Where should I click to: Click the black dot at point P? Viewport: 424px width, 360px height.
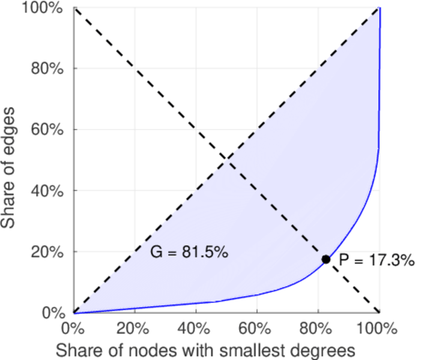326,259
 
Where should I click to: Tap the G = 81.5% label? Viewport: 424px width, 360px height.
189,253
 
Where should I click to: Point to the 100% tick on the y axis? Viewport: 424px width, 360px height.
47,8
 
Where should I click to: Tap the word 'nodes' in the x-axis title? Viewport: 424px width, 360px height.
157,349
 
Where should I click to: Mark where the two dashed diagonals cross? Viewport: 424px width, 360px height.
226,160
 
